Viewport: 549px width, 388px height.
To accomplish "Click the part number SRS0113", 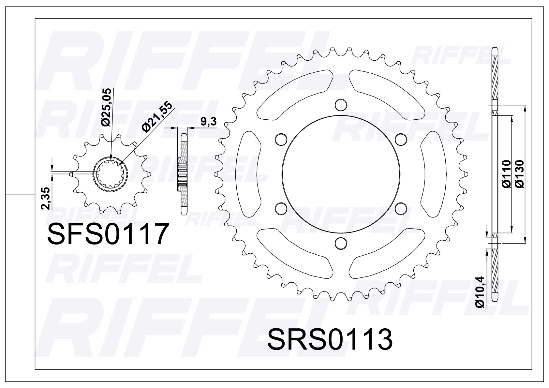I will pos(330,339).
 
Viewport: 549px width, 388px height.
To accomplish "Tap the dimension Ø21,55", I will pos(157,115).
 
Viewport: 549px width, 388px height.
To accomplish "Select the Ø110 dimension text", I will pos(506,174).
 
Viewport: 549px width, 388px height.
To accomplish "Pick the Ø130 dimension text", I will pos(520,174).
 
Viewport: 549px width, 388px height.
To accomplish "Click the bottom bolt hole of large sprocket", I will pos(340,243).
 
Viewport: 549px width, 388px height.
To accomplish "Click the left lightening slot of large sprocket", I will pos(248,174).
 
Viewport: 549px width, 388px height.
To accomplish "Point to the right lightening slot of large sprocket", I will pos(432,174).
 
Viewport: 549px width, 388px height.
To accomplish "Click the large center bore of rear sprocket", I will pos(341,174).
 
